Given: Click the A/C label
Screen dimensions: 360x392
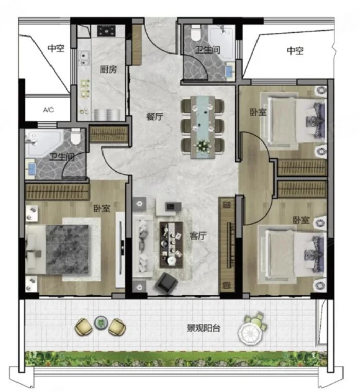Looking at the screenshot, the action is (48, 110).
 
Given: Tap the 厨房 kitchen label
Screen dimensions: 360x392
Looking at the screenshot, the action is (108, 69).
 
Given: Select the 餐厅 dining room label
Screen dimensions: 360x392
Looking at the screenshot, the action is (155, 116).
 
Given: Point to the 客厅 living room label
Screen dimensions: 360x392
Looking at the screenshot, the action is (198, 236).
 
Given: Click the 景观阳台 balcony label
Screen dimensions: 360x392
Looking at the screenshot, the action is (204, 328).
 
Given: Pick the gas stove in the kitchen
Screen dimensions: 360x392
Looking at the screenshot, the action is (107, 31).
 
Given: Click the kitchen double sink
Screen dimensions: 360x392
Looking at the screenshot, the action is (84, 58).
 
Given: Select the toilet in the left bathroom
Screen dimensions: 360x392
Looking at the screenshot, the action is (75, 136).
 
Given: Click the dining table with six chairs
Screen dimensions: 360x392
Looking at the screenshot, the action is (202, 128).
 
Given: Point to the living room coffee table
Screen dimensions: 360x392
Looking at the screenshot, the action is (171, 244).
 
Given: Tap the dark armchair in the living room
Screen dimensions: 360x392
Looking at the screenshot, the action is (166, 282).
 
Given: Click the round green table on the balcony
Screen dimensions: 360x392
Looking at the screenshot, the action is (100, 323).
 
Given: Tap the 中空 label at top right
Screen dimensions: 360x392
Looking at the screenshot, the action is (296, 51).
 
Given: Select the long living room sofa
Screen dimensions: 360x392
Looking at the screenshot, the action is (142, 246).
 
